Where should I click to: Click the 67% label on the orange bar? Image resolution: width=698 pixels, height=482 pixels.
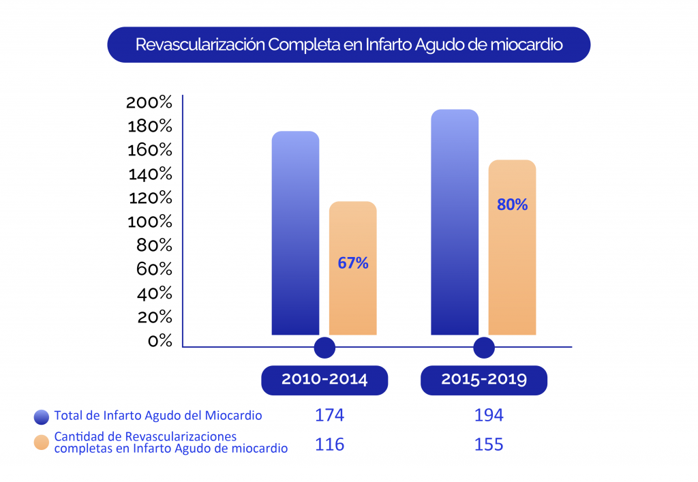coord(353,263)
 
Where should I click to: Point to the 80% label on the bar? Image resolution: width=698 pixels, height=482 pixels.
coord(513,204)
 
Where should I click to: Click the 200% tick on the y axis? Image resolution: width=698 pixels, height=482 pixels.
coord(149,103)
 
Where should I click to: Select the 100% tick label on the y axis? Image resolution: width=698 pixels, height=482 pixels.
coord(149,222)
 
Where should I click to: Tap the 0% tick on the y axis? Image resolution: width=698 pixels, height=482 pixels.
coord(160,341)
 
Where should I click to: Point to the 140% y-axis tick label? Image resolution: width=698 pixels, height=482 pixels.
coord(149,175)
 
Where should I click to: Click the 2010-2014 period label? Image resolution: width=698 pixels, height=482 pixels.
coord(324,380)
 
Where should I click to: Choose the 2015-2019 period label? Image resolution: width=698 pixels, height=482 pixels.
coord(484,380)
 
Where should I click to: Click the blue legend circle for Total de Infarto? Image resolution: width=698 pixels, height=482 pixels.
coord(42,416)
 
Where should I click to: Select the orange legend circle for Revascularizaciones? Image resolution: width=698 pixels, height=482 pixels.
coord(42,442)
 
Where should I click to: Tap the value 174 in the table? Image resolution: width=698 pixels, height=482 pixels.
coord(329,415)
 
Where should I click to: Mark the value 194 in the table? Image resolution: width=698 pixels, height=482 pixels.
coord(489,415)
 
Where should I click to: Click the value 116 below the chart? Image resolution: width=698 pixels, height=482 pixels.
coord(329,445)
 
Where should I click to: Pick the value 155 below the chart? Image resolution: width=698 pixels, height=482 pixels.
coord(489,445)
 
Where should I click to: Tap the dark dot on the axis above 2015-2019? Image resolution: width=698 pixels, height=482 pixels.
coord(484,348)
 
